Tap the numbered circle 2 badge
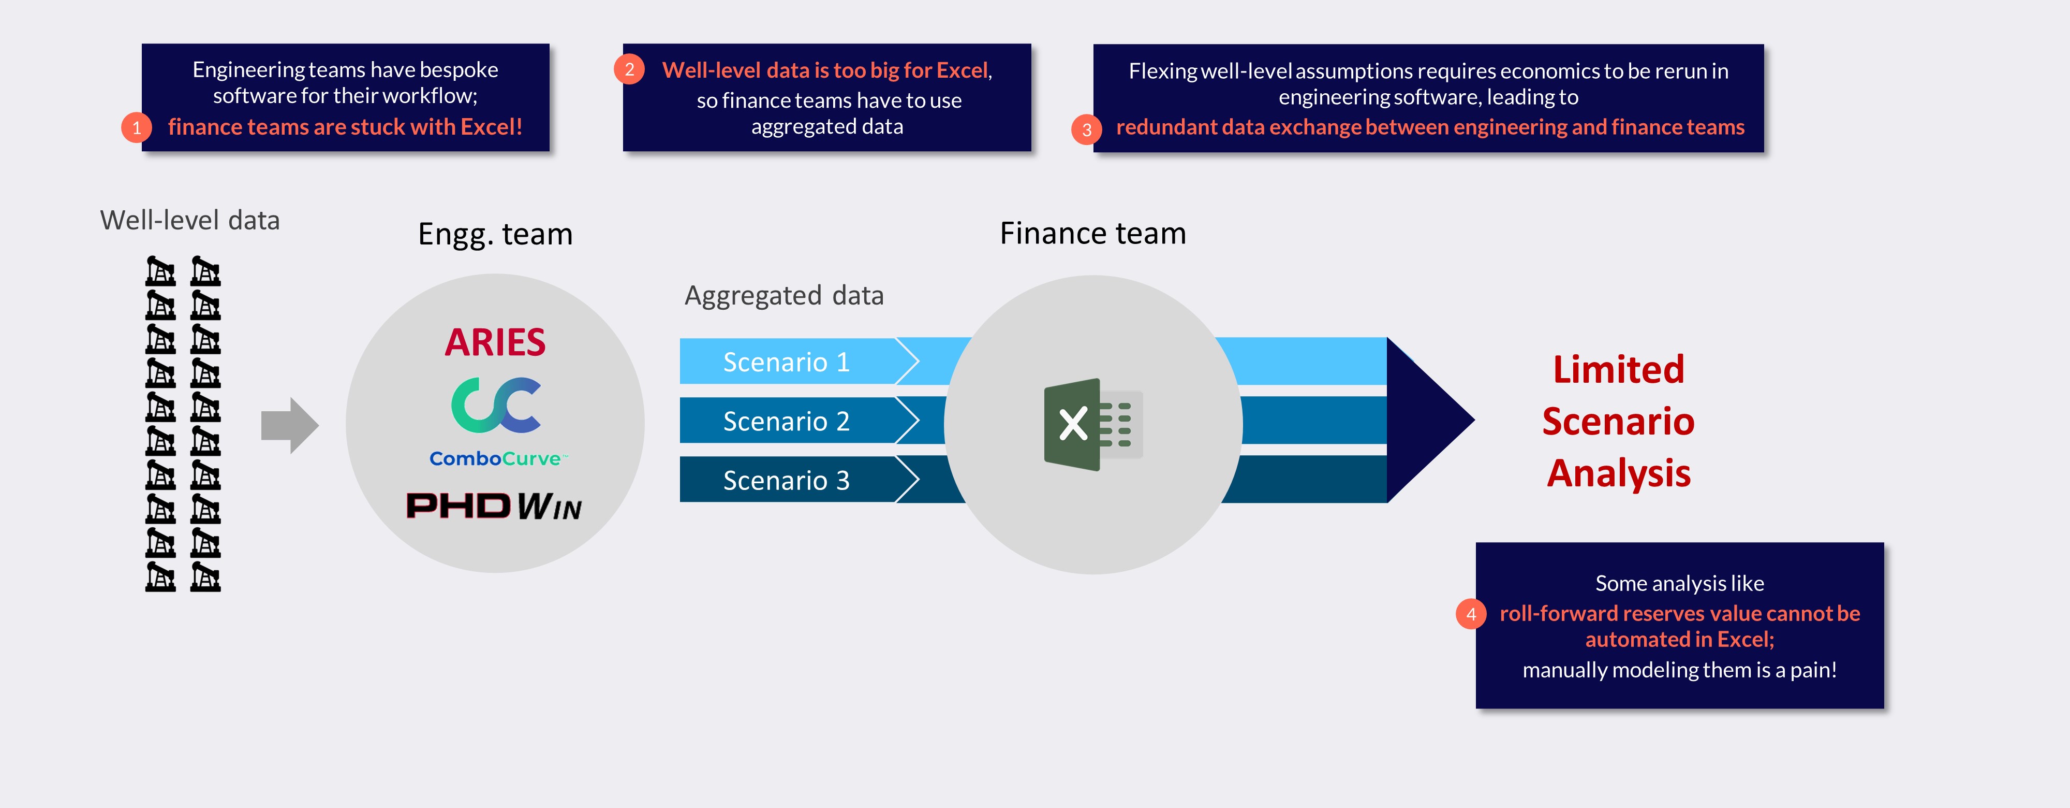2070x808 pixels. [x=629, y=69]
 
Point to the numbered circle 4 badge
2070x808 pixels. [x=1471, y=614]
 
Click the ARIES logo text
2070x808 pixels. [x=495, y=342]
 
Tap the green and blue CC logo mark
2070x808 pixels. [x=496, y=405]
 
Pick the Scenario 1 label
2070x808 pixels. [x=786, y=362]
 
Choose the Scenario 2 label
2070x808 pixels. [x=786, y=421]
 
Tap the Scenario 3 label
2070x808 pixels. [x=786, y=480]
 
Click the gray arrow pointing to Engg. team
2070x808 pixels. [x=289, y=425]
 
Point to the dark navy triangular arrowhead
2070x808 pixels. [x=1426, y=420]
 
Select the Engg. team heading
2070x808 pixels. [x=495, y=234]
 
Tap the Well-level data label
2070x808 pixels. [x=189, y=220]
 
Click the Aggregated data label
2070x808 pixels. [x=783, y=295]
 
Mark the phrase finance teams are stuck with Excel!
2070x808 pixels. [x=345, y=127]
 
